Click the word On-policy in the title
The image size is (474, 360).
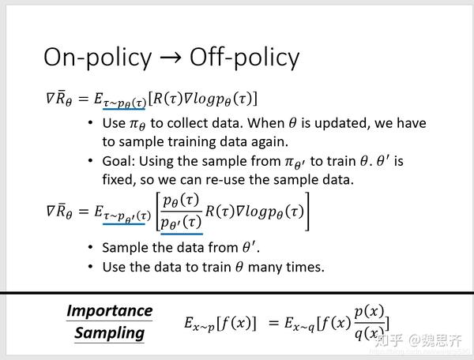pyautogui.click(x=96, y=57)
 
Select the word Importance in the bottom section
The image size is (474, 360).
pyautogui.click(x=109, y=309)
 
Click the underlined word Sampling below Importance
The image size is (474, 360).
pyautogui.click(x=109, y=332)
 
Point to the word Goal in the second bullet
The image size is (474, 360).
pyautogui.click(x=119, y=162)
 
